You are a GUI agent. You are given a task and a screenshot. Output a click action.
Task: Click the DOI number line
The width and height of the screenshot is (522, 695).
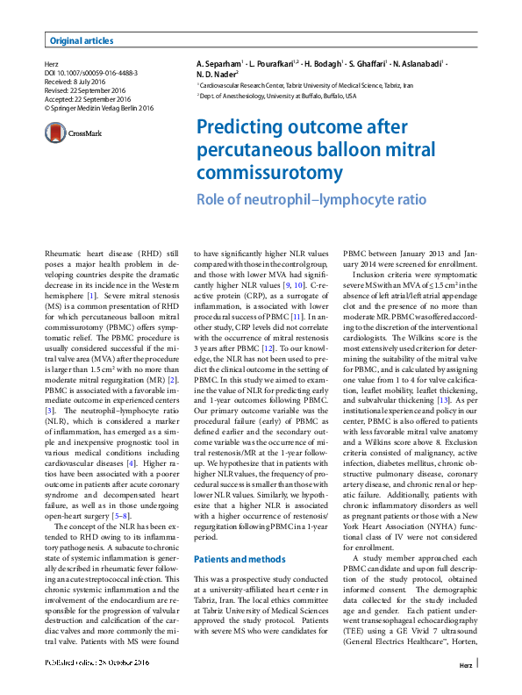pyautogui.click(x=91, y=74)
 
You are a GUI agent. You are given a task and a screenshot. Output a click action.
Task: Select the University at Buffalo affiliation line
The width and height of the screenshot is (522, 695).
pyautogui.click(x=276, y=96)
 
